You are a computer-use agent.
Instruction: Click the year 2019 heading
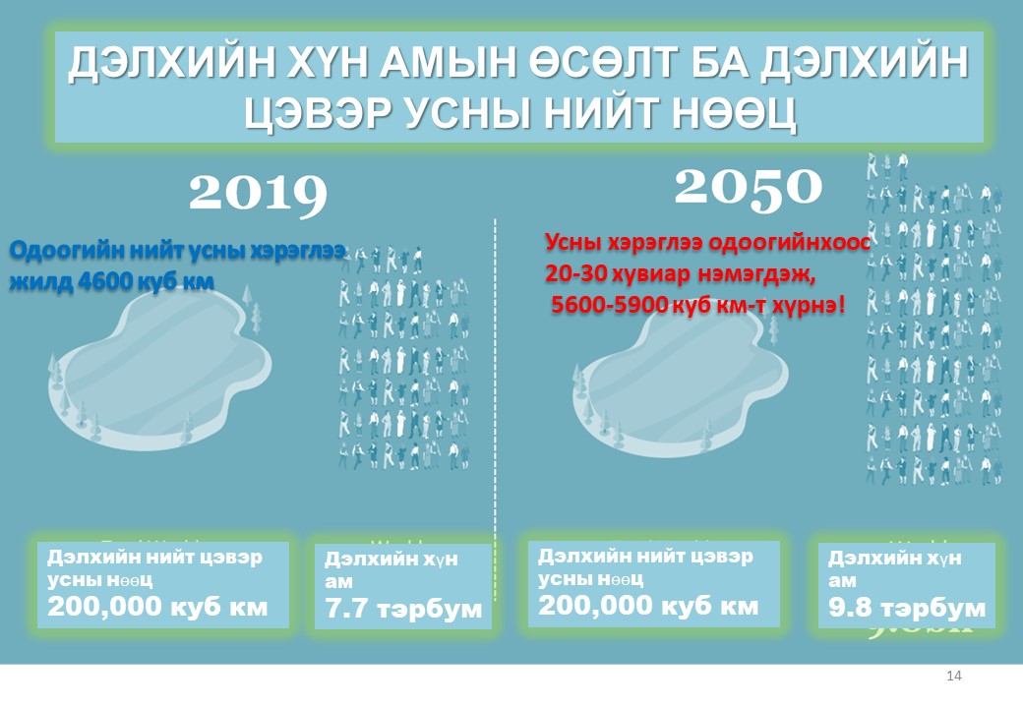(258, 193)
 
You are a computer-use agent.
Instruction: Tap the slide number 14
(952, 676)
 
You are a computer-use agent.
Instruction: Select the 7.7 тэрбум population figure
(403, 609)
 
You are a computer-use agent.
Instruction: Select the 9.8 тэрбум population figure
(906, 607)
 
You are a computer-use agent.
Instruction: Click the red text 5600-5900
(608, 306)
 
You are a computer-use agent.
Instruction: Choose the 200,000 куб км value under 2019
(157, 606)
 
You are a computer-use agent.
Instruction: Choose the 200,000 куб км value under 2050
(648, 605)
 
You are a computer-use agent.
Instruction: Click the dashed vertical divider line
(495, 393)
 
